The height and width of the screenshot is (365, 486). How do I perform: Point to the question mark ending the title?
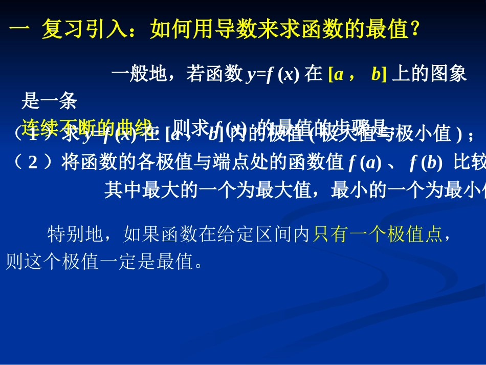pos(415,31)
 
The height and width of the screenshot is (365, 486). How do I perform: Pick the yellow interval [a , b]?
pos(356,75)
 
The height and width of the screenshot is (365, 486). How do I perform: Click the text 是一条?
pos(49,102)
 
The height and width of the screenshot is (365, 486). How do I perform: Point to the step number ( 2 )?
pos(33,163)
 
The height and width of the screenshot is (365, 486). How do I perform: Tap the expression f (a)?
pos(365,163)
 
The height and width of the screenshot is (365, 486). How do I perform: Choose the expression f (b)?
pos(426,163)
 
